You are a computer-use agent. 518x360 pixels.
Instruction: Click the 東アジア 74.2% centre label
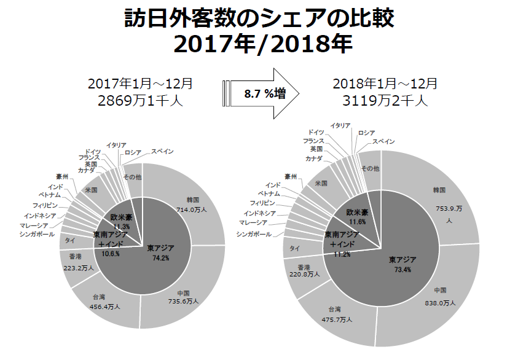161,252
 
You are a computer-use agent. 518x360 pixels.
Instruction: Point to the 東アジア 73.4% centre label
402,265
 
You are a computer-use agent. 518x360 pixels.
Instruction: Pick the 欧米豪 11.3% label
122,221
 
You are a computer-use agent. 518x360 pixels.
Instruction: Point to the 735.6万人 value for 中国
182,302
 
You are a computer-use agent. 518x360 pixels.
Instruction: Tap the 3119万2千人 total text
386,101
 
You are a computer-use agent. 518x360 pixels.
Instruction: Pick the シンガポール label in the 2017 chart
37,234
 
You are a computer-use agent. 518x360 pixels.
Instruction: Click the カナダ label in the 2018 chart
313,158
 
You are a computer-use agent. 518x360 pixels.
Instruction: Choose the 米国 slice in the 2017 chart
92,189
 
